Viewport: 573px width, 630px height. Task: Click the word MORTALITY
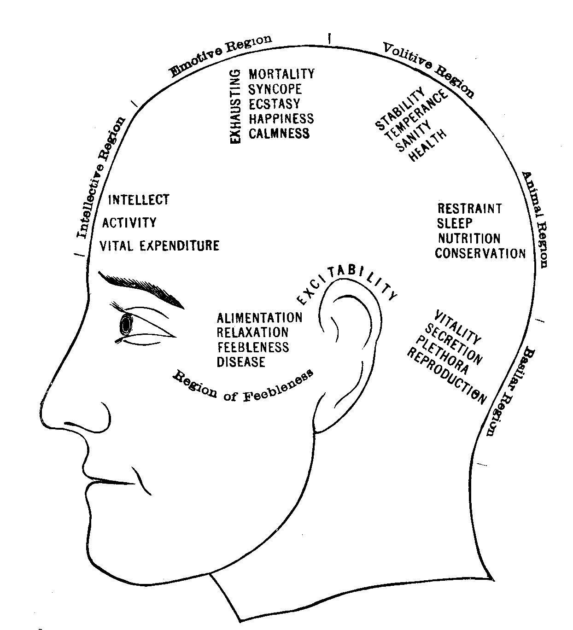[281, 74]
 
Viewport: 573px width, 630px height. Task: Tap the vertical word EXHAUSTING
[235, 106]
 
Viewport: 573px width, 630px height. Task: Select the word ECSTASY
[274, 104]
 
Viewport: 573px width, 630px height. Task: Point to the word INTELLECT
[139, 200]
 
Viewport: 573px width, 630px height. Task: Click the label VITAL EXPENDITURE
[159, 245]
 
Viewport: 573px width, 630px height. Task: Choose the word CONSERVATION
[480, 253]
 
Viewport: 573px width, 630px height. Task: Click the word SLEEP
[455, 223]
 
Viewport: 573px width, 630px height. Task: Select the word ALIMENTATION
[259, 318]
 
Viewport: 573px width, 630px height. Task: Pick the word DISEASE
[241, 362]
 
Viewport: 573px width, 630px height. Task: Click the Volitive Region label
[428, 69]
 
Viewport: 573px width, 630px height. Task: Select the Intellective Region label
[101, 178]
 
